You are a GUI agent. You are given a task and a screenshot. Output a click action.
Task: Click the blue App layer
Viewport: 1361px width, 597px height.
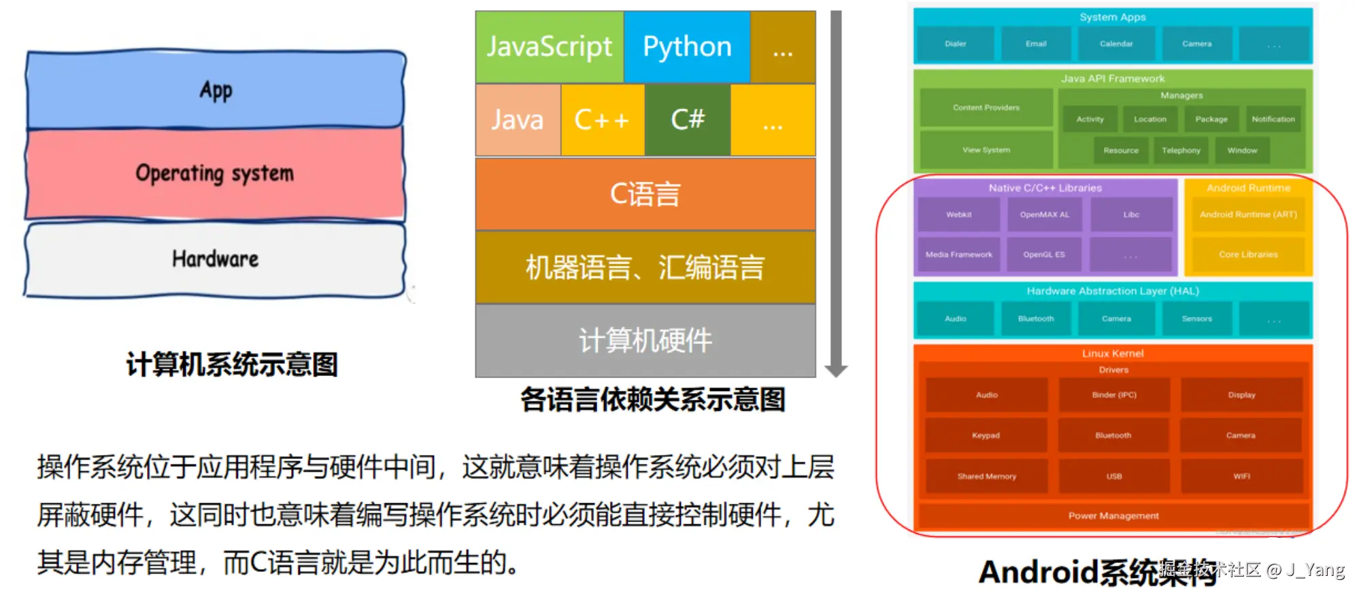click(x=216, y=90)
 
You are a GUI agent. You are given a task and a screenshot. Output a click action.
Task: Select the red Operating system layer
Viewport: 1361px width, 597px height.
click(x=215, y=173)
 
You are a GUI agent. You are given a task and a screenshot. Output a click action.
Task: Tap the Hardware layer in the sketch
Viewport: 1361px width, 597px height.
click(x=215, y=259)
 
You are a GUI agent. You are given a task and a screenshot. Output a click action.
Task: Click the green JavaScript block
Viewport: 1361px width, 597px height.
click(x=550, y=47)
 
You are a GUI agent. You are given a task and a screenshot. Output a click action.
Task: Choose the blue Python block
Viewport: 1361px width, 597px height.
click(x=687, y=47)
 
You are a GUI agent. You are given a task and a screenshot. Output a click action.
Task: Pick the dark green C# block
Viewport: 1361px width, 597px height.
click(x=688, y=120)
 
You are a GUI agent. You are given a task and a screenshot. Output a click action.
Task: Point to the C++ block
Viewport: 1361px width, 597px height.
click(x=602, y=120)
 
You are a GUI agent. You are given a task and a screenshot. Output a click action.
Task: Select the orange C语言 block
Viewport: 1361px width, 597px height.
click(x=645, y=194)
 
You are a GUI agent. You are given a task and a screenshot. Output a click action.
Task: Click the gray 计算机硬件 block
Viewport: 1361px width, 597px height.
click(x=645, y=340)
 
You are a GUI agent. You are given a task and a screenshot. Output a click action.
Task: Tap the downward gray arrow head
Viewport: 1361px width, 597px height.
click(x=836, y=370)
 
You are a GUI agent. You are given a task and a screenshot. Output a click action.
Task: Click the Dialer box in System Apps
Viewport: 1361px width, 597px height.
click(x=955, y=44)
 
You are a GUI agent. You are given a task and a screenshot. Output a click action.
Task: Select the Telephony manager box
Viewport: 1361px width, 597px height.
click(x=1181, y=150)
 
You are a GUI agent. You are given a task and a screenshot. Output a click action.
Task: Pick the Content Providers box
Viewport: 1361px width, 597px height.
click(x=986, y=107)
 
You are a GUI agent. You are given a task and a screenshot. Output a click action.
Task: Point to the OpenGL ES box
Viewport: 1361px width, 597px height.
click(x=1044, y=254)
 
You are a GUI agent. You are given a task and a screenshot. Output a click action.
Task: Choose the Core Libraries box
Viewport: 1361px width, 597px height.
click(x=1248, y=254)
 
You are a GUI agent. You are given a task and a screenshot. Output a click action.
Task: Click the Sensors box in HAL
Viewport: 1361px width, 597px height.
click(x=1196, y=319)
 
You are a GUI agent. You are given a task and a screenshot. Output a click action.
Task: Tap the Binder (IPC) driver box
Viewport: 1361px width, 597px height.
click(x=1114, y=395)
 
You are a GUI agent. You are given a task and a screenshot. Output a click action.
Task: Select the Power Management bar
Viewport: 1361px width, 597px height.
click(x=1113, y=516)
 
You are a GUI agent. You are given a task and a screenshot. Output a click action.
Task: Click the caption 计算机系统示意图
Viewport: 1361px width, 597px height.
click(x=232, y=364)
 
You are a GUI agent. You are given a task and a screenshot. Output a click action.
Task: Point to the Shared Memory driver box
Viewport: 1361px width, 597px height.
click(x=986, y=477)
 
